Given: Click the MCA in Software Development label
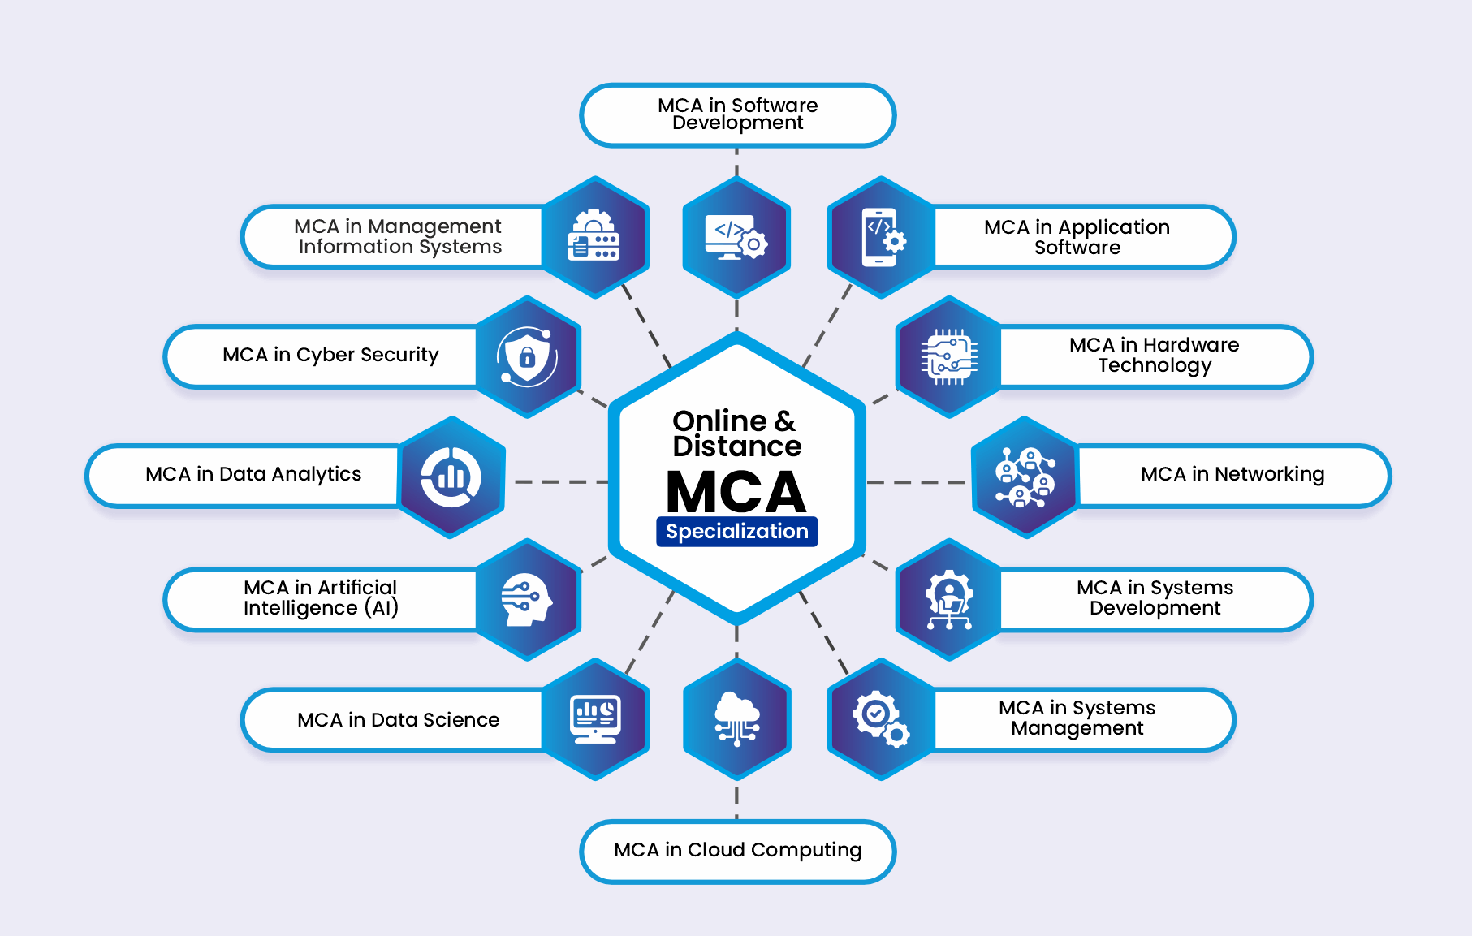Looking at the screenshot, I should click(x=737, y=114).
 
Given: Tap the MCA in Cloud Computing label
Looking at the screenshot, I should click(x=737, y=850).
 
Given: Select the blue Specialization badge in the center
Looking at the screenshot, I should click(x=736, y=532).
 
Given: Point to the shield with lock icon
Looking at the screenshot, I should click(x=527, y=356).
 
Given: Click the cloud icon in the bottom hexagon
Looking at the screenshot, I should click(x=736, y=718).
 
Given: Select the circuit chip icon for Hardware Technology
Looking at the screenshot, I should click(x=948, y=357).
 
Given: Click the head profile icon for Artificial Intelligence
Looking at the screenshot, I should click(x=526, y=600).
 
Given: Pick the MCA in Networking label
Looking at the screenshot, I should click(x=1232, y=474).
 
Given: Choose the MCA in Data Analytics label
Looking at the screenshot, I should click(x=253, y=474).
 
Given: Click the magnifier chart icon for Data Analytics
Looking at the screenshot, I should click(x=451, y=477).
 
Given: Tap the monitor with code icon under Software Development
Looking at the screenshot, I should click(x=736, y=237).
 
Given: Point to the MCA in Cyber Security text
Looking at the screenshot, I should click(x=330, y=355).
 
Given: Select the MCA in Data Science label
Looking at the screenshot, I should click(x=398, y=720).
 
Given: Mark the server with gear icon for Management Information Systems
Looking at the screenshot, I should click(x=594, y=236).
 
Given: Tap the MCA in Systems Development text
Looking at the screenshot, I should click(x=1155, y=598).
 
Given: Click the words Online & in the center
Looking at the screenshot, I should click(x=734, y=421).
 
